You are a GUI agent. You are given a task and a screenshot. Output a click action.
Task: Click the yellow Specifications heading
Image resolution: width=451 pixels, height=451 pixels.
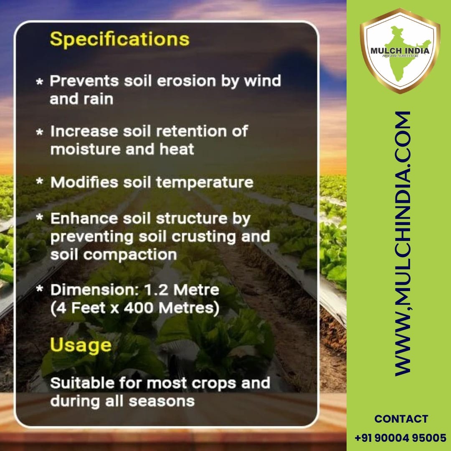coord(120,39)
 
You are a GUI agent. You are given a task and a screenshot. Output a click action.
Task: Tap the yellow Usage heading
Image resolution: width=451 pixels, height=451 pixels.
coord(81,345)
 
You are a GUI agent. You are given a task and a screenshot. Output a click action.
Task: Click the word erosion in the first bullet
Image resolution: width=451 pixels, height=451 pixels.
coord(186,81)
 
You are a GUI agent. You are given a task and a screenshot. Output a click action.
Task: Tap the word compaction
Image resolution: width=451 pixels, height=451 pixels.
coord(130,255)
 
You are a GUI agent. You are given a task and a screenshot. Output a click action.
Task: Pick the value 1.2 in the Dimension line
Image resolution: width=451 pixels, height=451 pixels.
coord(156,290)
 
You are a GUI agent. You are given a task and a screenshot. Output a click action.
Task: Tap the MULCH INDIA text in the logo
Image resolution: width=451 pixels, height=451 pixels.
coord(400,51)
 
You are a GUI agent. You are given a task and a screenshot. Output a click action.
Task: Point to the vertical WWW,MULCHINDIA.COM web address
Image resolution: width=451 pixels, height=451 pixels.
coord(403,243)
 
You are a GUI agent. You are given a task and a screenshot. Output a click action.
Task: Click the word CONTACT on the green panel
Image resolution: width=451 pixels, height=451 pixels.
coord(401,419)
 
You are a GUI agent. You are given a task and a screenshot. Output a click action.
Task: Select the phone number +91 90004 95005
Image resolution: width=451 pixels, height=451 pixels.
coord(400,438)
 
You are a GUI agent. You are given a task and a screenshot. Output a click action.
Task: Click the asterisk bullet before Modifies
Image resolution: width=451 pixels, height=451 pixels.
coord(40,181)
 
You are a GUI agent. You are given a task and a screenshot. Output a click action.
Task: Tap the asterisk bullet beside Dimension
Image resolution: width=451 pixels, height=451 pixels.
coord(40,289)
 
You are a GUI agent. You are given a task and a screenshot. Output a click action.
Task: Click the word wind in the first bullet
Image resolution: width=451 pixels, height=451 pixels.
coord(262,81)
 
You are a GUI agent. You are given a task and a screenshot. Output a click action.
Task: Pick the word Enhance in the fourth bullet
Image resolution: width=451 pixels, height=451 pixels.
coord(84,218)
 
